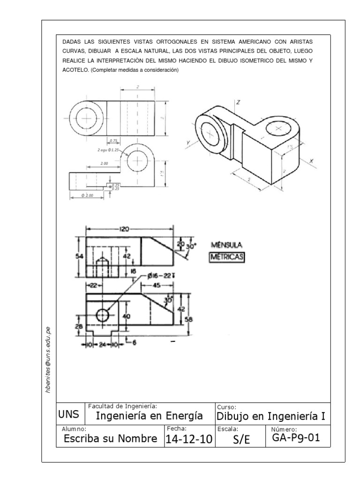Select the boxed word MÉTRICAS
227,257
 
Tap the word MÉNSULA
227,245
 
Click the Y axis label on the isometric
188,142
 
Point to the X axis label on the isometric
310,161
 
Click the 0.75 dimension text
113,140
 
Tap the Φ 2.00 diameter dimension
88,195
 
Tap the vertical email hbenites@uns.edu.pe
49,360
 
